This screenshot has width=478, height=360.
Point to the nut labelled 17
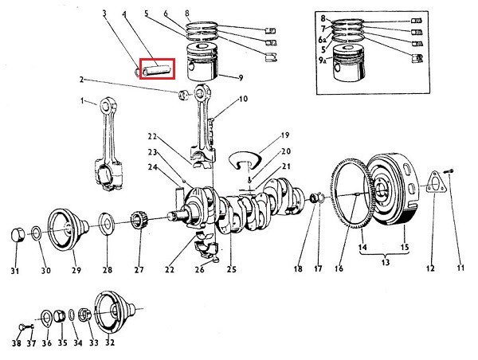click(x=316, y=198)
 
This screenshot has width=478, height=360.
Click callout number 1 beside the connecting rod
click(x=81, y=101)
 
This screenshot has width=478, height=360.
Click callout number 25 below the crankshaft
click(x=231, y=269)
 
